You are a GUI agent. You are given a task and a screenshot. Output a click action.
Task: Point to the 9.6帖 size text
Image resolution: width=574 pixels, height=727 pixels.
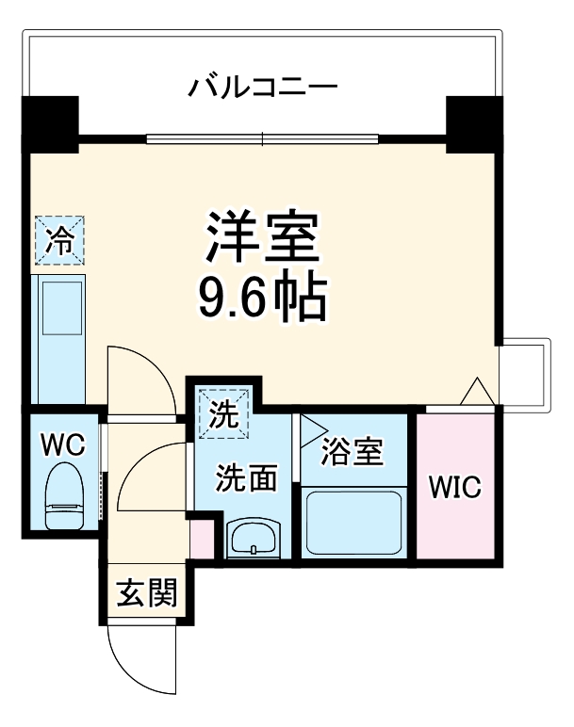261,299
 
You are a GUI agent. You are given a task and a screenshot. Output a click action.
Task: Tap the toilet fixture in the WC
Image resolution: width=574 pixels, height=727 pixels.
64,496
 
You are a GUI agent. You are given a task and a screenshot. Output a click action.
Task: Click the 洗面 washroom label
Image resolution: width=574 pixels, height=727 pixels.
247,478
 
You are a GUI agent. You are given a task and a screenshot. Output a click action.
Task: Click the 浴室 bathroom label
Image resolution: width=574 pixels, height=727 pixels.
352,452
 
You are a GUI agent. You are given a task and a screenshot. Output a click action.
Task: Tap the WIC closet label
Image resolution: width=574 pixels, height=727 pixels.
455,488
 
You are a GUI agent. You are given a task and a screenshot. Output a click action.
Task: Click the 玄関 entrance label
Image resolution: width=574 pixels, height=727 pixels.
145,594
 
